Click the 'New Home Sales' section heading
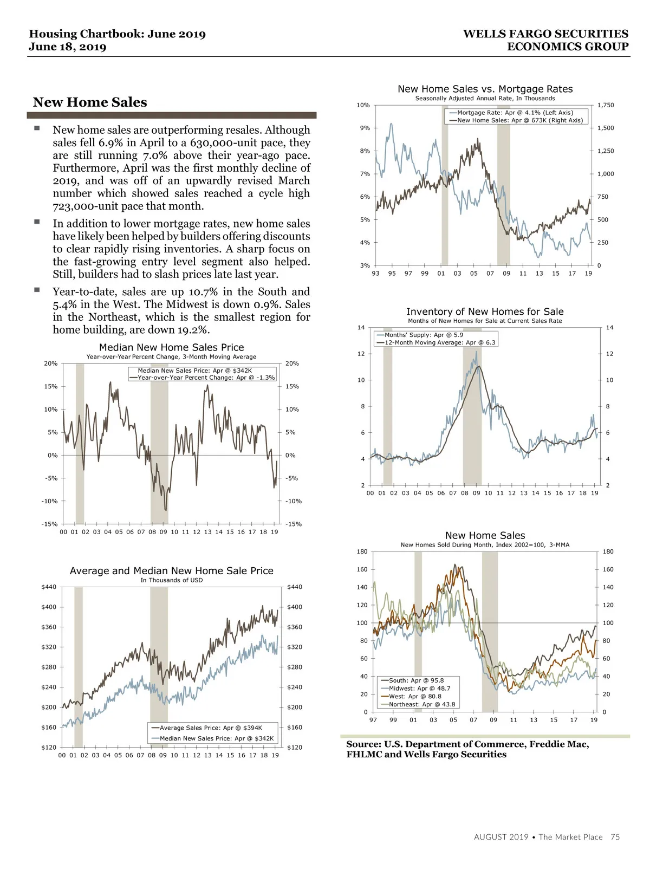click(x=90, y=102)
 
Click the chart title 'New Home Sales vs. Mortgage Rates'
click(x=485, y=89)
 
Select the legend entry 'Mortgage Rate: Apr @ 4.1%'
click(x=515, y=113)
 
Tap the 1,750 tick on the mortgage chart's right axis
click(x=606, y=105)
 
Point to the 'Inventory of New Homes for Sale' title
click(x=485, y=311)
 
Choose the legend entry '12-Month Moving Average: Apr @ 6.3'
click(x=439, y=342)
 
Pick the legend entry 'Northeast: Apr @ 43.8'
click(x=421, y=705)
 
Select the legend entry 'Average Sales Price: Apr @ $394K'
click(x=211, y=728)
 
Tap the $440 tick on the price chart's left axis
click(x=49, y=587)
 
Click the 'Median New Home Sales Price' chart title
click(x=171, y=347)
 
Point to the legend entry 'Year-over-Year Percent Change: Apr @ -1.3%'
click(x=206, y=378)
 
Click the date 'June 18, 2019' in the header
click(x=68, y=47)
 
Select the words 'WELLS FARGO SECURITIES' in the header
click(x=545, y=34)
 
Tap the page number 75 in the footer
click(x=615, y=837)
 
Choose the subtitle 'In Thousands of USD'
click(x=171, y=580)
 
